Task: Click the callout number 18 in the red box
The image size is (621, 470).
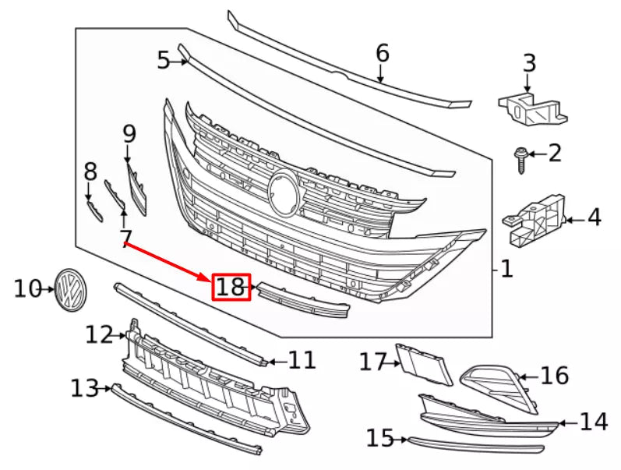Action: [231, 288]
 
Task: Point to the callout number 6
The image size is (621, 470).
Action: [382, 53]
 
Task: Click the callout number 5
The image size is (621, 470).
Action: [163, 60]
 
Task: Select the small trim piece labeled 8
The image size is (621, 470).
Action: [94, 208]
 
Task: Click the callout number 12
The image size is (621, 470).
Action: [100, 335]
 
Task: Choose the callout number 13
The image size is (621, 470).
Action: [85, 387]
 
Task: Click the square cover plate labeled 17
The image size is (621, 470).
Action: [424, 364]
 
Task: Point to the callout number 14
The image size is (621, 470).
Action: [593, 422]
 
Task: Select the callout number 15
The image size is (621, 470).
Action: [380, 439]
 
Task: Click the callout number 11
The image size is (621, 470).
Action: [302, 360]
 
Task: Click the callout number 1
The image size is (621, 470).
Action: [506, 270]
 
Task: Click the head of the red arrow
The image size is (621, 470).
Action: [209, 280]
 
